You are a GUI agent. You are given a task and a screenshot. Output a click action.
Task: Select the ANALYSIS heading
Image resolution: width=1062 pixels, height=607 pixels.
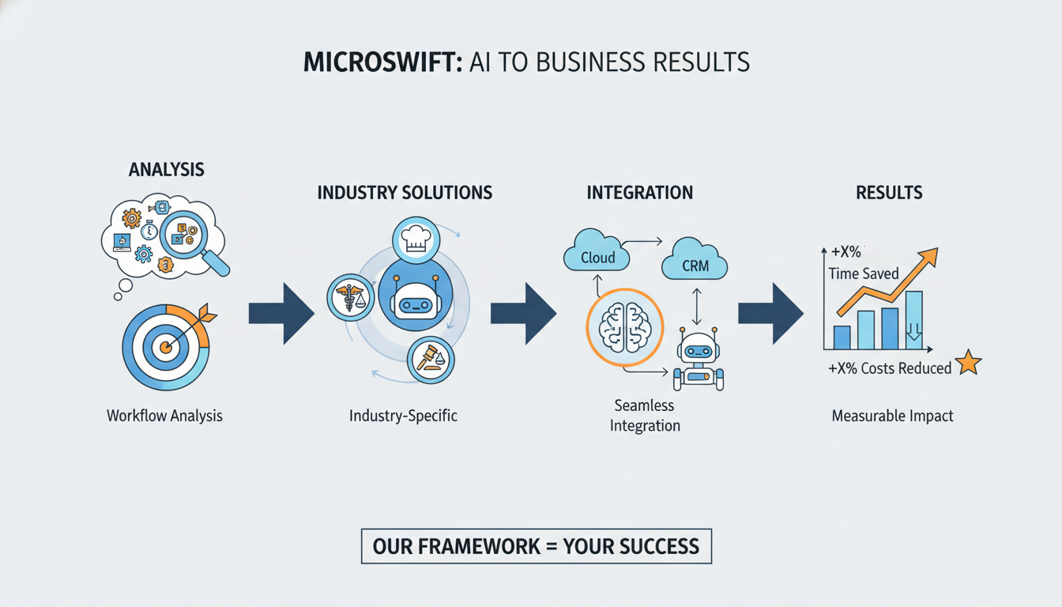click(166, 169)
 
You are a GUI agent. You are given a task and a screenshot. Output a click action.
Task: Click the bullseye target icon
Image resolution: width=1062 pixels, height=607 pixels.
click(165, 346)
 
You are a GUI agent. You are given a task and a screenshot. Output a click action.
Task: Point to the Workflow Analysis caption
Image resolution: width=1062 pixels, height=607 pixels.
click(164, 415)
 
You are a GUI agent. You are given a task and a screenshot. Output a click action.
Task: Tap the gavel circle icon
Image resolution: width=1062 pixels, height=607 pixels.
click(430, 360)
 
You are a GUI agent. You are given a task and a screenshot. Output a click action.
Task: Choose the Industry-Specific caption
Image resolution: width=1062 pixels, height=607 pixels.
click(403, 415)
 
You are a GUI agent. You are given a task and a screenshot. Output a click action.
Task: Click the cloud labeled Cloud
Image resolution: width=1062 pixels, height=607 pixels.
click(597, 256)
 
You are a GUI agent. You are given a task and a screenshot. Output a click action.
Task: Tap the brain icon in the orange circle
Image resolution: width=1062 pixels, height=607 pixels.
click(624, 327)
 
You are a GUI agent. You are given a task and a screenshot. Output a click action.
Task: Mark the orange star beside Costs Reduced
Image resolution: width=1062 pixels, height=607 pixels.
click(968, 364)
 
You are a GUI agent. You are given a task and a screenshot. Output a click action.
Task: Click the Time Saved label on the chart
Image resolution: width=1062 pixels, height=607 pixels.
click(863, 273)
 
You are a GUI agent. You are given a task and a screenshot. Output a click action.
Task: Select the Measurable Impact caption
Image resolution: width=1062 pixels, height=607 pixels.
click(892, 415)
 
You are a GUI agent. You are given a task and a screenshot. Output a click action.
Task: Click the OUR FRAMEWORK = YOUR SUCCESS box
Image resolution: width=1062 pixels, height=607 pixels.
click(536, 546)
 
